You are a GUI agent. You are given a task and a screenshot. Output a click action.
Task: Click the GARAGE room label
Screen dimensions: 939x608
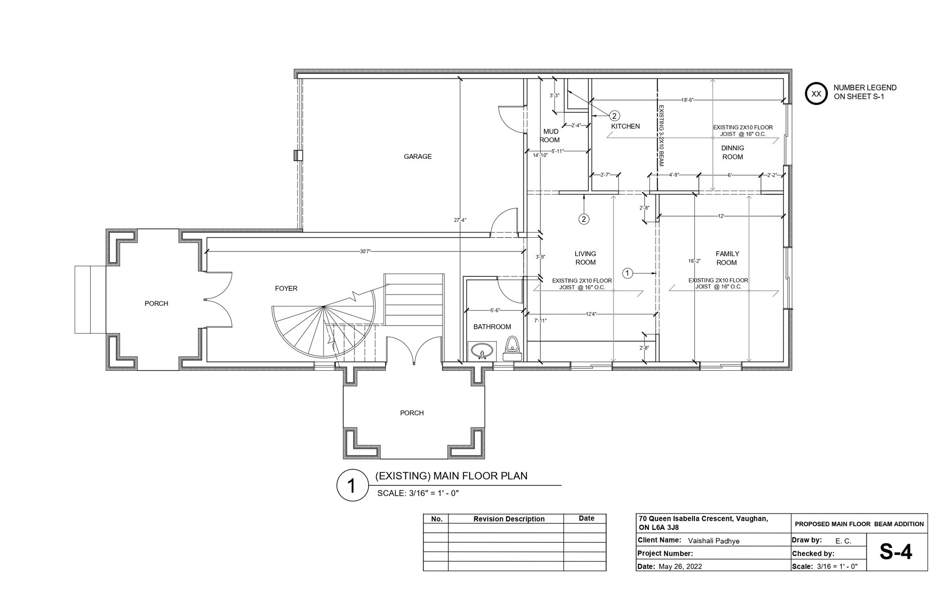pos(417,156)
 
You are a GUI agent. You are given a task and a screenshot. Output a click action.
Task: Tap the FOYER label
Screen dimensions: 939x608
pos(286,288)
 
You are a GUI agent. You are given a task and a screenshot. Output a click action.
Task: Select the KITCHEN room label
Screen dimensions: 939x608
pos(625,126)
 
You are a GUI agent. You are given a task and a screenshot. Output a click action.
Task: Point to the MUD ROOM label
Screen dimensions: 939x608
pos(550,136)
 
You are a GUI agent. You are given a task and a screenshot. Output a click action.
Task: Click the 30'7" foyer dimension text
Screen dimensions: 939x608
pos(365,251)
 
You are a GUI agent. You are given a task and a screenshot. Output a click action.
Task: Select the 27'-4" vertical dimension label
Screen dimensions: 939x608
pos(460,220)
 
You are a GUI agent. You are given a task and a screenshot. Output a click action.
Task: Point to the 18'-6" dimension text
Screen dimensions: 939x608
pos(687,100)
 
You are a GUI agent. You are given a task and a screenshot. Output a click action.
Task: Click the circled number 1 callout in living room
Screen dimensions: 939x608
pos(628,273)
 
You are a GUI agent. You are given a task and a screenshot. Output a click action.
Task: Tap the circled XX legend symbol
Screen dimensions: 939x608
pos(816,94)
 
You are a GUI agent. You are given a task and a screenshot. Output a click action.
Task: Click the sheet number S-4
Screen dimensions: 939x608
pos(896,552)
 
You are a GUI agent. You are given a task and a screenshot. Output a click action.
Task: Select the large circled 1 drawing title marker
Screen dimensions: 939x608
pos(351,485)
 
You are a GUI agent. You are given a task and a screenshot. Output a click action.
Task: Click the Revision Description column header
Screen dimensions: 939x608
pos(509,519)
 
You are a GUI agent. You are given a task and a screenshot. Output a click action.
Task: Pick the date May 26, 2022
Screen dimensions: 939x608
pos(680,566)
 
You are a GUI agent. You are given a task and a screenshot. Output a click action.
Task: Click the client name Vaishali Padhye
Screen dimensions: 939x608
pos(714,541)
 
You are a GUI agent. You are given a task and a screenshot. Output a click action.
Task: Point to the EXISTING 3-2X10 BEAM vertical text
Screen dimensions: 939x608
pos(661,135)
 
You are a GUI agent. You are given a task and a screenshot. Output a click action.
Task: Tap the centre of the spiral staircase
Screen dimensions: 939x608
pos(323,307)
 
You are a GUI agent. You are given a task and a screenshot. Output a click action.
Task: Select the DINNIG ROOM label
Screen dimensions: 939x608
pos(732,152)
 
